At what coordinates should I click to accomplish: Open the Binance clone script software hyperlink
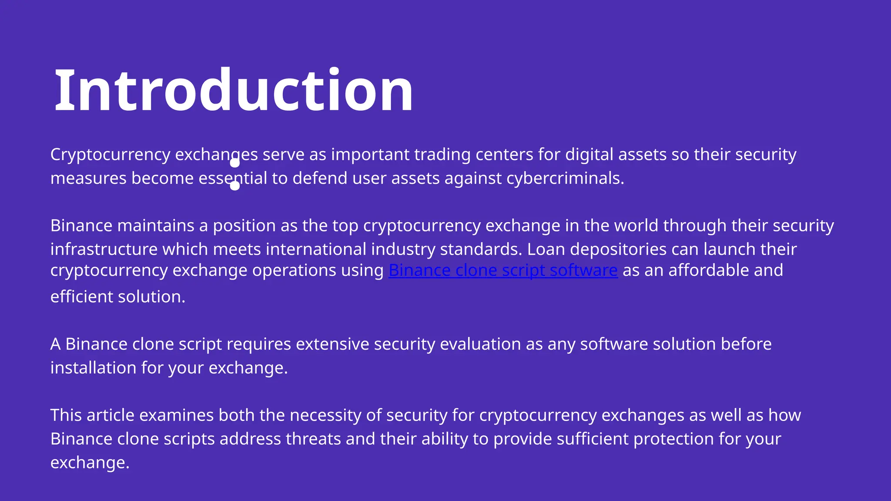(x=503, y=271)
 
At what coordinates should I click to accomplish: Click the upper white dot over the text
(x=235, y=163)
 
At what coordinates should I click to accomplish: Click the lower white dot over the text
(x=235, y=186)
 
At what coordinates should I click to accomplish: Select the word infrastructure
(x=104, y=249)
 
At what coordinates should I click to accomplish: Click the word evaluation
(x=480, y=344)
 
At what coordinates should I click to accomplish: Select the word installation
(x=93, y=368)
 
